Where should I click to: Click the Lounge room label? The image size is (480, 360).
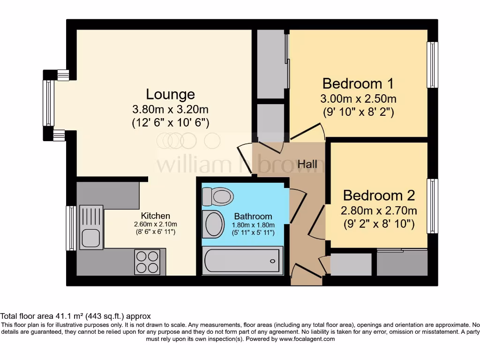[170, 94]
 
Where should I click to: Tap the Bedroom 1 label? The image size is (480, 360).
[358, 84]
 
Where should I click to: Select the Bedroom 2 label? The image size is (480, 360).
[379, 195]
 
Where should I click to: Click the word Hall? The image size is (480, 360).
[307, 164]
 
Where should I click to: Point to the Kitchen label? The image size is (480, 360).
[156, 216]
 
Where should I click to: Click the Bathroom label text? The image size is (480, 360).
[253, 216]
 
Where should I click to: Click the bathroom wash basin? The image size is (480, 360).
[214, 224]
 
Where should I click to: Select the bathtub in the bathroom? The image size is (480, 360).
[242, 261]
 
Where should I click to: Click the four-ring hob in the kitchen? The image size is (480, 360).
[147, 262]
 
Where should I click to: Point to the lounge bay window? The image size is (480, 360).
[48, 103]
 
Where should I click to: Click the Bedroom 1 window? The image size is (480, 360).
[432, 65]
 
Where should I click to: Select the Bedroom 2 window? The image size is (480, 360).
[432, 205]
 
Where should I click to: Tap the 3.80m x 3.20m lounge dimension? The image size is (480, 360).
[170, 110]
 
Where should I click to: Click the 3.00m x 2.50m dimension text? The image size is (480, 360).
[358, 99]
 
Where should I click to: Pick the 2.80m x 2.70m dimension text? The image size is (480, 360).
[379, 210]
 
